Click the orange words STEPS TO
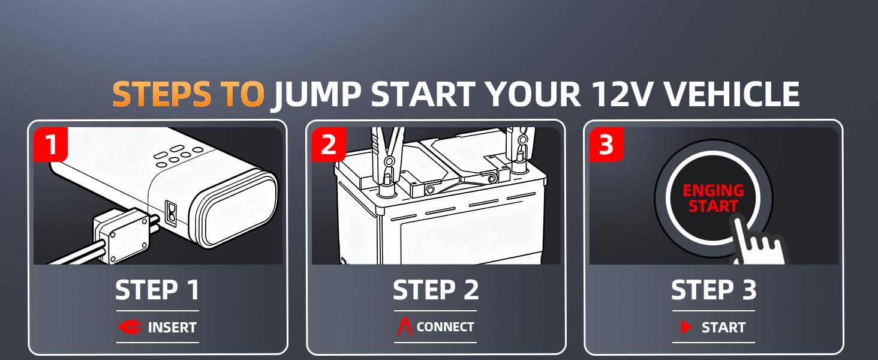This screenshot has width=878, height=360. pos(188,95)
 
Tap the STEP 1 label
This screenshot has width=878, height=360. pos(157,290)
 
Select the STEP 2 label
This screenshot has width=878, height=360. pos(435,290)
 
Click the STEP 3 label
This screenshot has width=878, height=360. pos(714,290)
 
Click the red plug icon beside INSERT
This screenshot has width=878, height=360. pos(130,327)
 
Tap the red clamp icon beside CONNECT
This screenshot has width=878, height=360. pos(405,327)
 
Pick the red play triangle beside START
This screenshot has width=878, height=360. pos(686,327)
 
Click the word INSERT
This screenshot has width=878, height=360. pos(172,327)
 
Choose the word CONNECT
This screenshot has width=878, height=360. pos(445,327)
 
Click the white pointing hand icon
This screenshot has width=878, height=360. pos(757,243)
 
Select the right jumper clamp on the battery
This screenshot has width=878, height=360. pos(519,147)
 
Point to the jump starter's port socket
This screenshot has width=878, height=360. pos(172,214)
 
